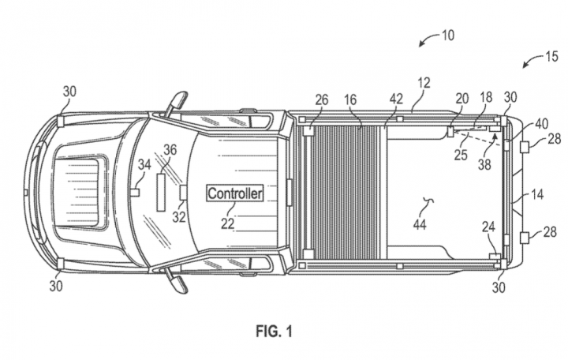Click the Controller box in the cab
(x=235, y=193)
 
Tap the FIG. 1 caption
(x=274, y=331)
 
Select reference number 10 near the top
(x=448, y=36)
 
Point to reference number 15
(x=551, y=57)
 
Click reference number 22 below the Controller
(x=228, y=223)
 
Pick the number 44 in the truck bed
(x=420, y=225)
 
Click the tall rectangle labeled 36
(x=161, y=192)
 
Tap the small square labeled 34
(x=135, y=192)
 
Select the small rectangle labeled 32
(x=184, y=193)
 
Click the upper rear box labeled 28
(x=524, y=147)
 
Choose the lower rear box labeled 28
(x=524, y=238)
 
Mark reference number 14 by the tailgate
(x=537, y=195)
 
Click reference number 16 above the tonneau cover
(x=350, y=99)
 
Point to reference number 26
(x=322, y=99)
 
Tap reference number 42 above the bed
(x=396, y=99)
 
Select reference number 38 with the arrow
(x=484, y=164)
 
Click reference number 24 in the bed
(x=488, y=227)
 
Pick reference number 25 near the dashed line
(x=461, y=155)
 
